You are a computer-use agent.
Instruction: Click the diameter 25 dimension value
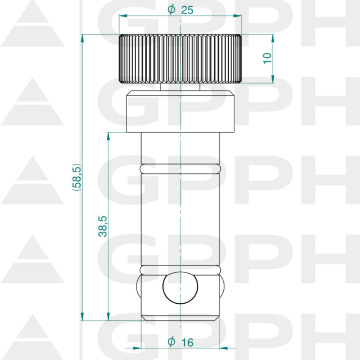click(180, 10)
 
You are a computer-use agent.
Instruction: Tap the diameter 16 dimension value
click(180, 342)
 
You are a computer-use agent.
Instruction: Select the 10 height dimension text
click(267, 58)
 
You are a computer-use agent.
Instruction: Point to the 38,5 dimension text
click(103, 226)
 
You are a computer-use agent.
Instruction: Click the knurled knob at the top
click(180, 59)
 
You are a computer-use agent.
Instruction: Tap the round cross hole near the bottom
click(180, 288)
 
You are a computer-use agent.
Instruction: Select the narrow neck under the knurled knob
click(180, 87)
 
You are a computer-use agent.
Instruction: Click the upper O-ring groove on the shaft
click(180, 169)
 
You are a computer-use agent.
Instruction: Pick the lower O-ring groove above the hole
click(180, 270)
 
